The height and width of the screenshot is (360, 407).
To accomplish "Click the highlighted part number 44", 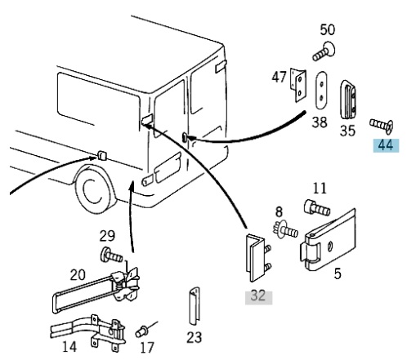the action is click(386, 145).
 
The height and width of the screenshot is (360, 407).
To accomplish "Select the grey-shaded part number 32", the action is click(258, 296).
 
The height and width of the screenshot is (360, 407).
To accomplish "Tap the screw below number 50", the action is click(324, 52).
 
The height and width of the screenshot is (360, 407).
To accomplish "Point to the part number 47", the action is click(279, 77).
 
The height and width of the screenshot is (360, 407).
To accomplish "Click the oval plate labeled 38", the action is click(322, 90).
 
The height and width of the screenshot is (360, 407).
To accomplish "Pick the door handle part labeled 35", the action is click(348, 100).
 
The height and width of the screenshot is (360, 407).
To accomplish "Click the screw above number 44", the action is click(382, 126).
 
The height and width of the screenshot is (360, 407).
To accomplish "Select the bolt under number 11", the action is click(317, 208).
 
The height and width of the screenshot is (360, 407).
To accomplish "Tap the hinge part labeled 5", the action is click(329, 241).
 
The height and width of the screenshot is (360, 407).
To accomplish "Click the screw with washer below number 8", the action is click(285, 229).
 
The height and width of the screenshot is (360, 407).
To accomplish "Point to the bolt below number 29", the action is click(111, 256).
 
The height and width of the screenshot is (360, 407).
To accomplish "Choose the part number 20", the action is click(78, 275).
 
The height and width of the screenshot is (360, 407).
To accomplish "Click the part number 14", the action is click(69, 347).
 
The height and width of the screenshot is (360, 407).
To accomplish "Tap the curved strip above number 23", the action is click(195, 306).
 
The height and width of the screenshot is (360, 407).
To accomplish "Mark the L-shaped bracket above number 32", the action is click(255, 258).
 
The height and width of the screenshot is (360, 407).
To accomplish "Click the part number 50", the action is click(327, 29).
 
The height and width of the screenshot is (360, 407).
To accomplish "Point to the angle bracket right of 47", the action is click(298, 85).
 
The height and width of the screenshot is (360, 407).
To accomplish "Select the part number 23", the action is click(195, 338).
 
